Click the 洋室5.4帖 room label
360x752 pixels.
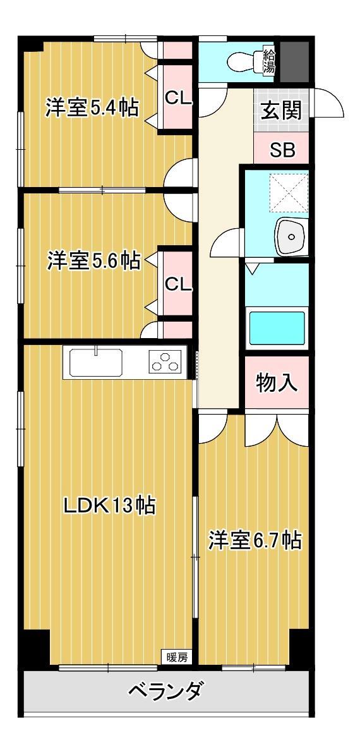coord(92,108)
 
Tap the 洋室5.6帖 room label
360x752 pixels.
coord(93,260)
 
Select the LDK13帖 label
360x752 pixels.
coord(109,505)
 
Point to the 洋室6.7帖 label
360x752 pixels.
coord(255,540)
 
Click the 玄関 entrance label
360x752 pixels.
coord(281,111)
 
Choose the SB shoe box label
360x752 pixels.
coord(281,150)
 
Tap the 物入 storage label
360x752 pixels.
coord(277,383)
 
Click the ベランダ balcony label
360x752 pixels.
coord(165,691)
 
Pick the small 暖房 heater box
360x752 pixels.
coord(177,657)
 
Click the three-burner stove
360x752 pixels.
coord(165,363)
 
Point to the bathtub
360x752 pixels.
coord(277,327)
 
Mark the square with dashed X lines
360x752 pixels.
coord(288,191)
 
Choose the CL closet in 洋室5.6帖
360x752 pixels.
coord(177,284)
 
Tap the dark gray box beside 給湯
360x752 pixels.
coord(294,61)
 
